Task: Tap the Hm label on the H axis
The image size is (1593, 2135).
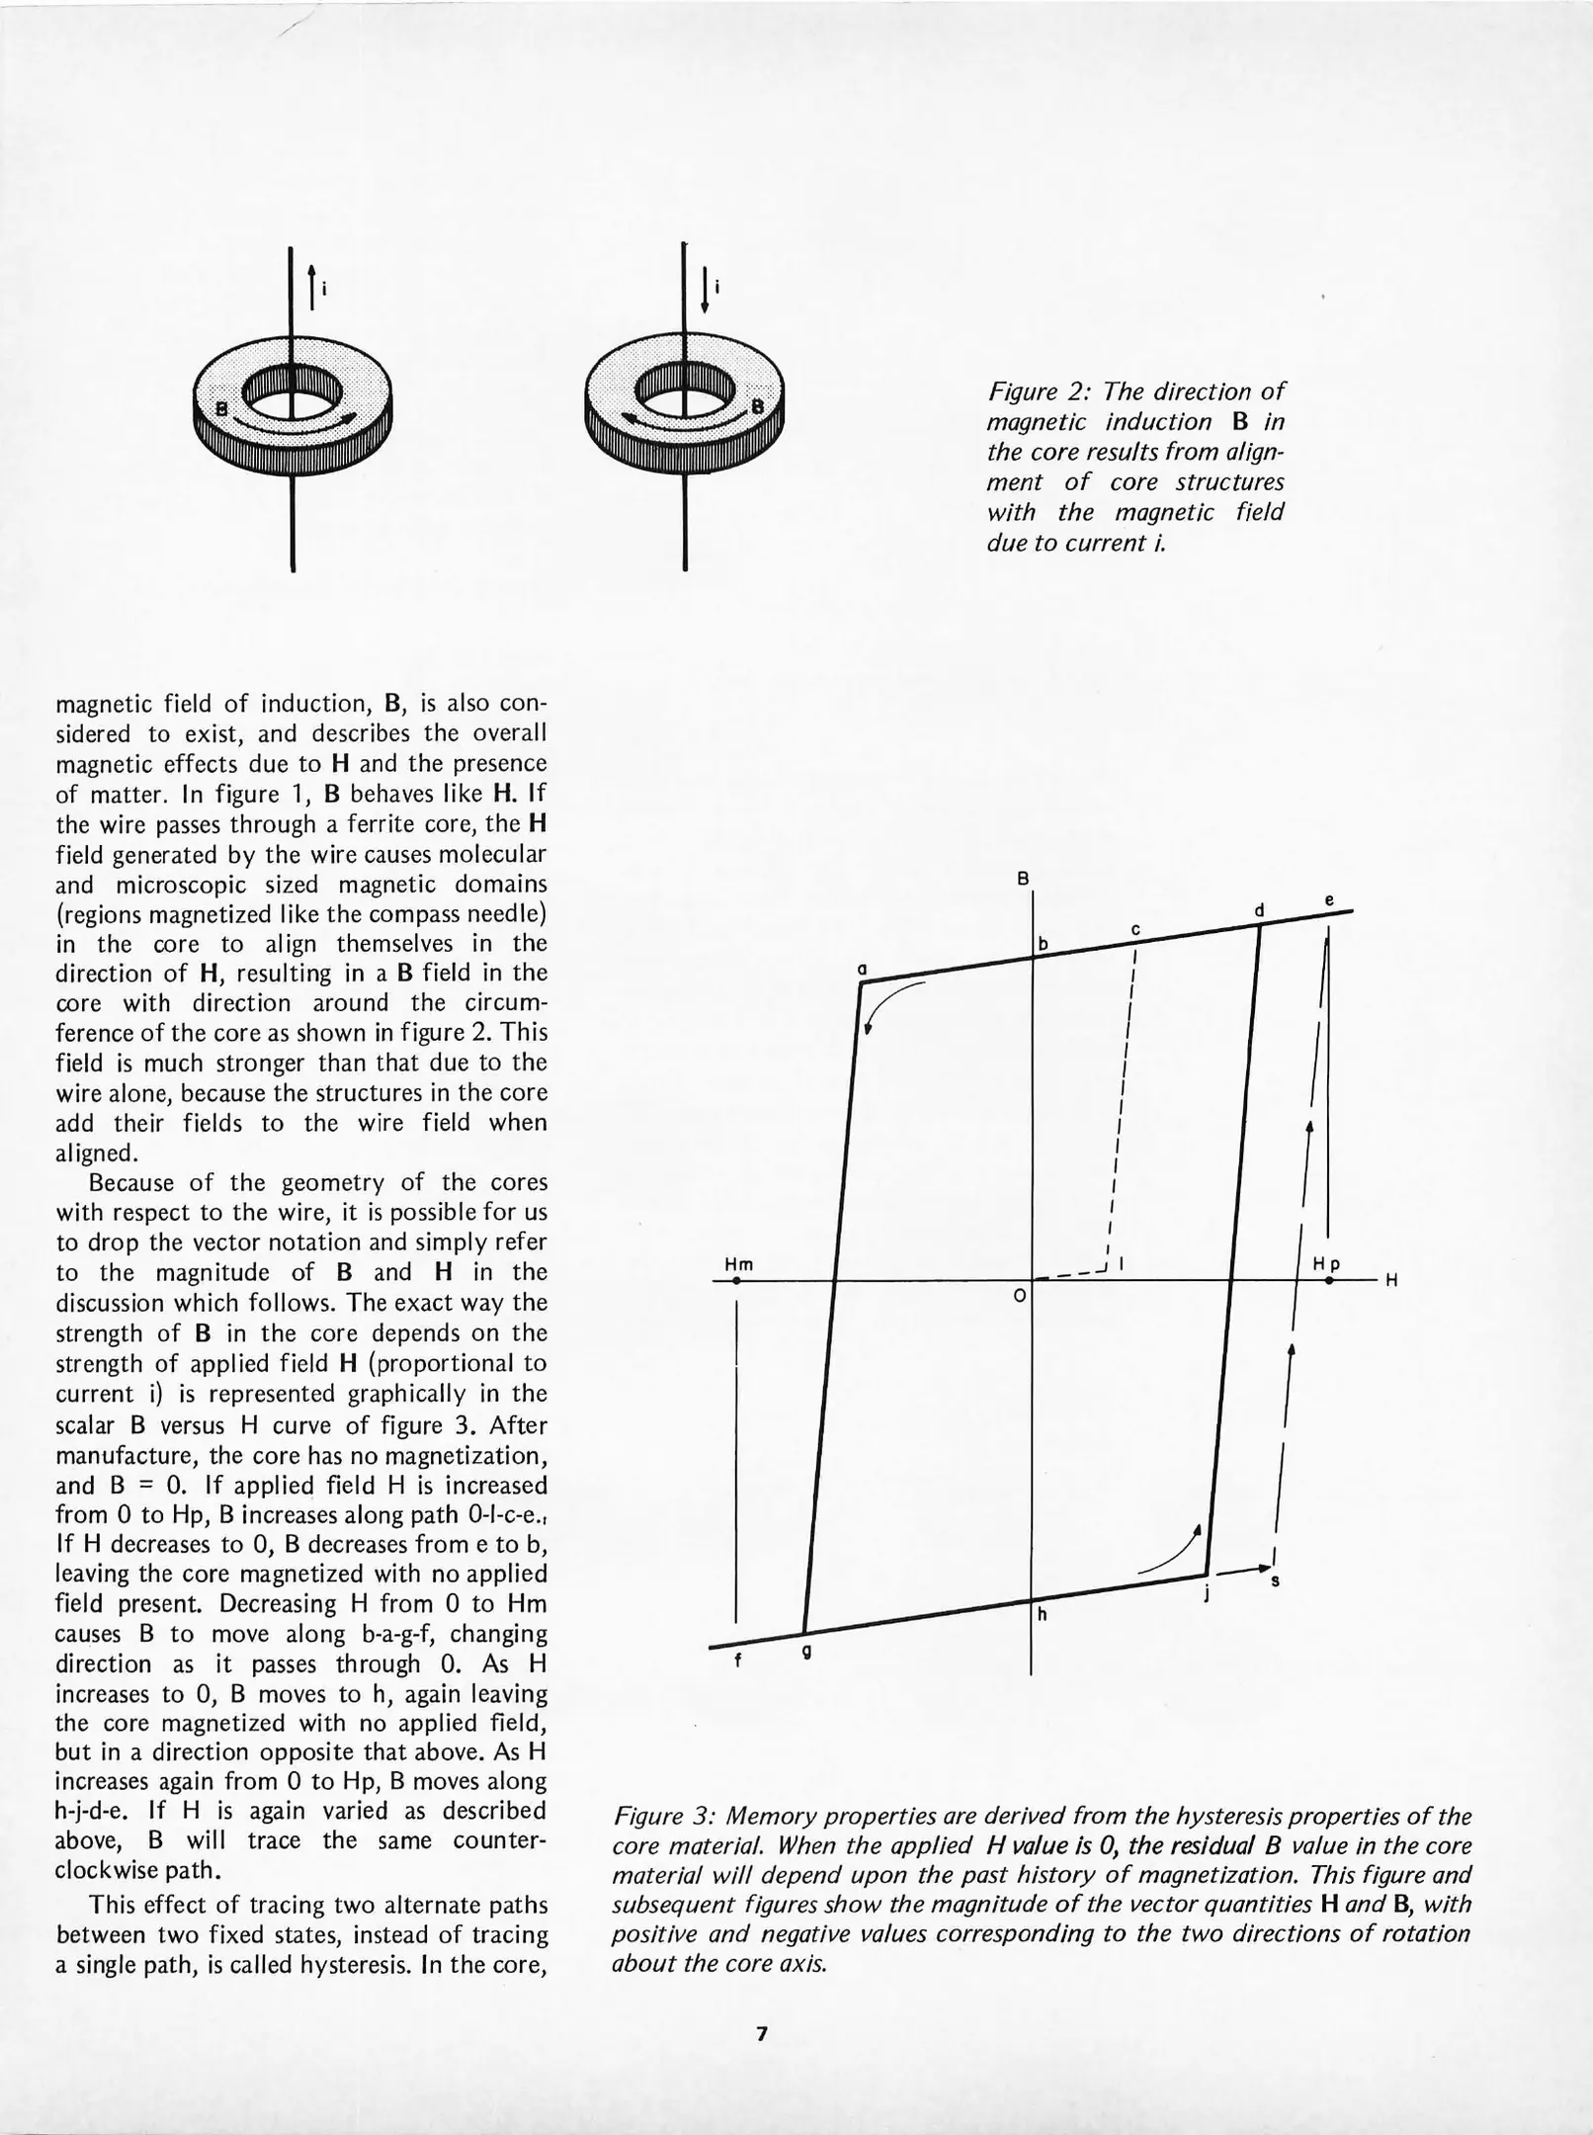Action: click(x=738, y=1264)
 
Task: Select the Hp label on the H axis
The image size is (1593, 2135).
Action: click(x=1326, y=1264)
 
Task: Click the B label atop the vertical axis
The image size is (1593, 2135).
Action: click(x=1025, y=878)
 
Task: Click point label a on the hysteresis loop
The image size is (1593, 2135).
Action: click(x=862, y=970)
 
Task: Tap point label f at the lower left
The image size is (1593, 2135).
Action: click(x=737, y=1662)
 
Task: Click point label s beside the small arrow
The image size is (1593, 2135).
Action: click(x=1274, y=1581)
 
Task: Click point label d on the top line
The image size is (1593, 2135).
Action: click(x=1259, y=909)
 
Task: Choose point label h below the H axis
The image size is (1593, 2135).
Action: click(x=1042, y=1615)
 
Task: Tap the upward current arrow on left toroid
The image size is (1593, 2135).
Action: click(x=312, y=288)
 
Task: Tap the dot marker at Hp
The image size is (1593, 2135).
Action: click(x=1329, y=1281)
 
